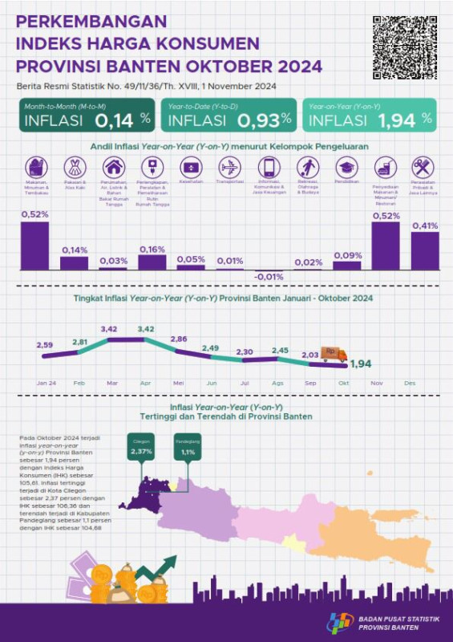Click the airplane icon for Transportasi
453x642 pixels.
230,168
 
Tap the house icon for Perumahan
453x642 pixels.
114,168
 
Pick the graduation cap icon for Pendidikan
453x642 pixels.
346,168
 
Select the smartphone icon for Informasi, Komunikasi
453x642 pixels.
269,168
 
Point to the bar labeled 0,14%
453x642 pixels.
75,262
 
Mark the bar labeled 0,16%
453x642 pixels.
152,262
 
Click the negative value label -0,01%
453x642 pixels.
269,278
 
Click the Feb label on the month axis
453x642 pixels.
79,384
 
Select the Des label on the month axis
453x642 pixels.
411,384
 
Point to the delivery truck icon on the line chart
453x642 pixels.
334,353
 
